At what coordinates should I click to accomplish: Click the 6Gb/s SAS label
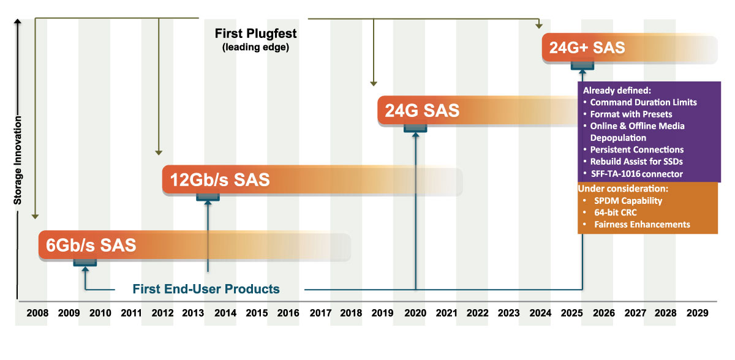91,245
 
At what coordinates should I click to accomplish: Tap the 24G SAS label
422,111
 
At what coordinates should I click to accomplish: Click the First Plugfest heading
255,34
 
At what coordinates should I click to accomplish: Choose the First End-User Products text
206,289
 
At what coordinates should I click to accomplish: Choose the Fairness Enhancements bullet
641,225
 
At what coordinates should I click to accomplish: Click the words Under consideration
622,188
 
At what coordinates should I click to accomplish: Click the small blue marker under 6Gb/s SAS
85,263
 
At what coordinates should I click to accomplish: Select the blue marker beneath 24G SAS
415,127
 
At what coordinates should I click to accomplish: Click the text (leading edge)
255,47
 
